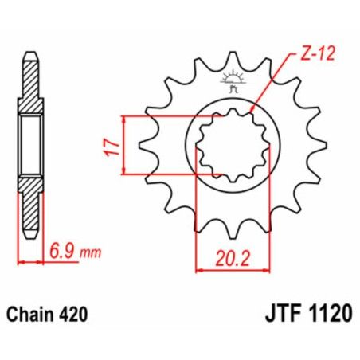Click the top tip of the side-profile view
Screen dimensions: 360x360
point(29,54)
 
